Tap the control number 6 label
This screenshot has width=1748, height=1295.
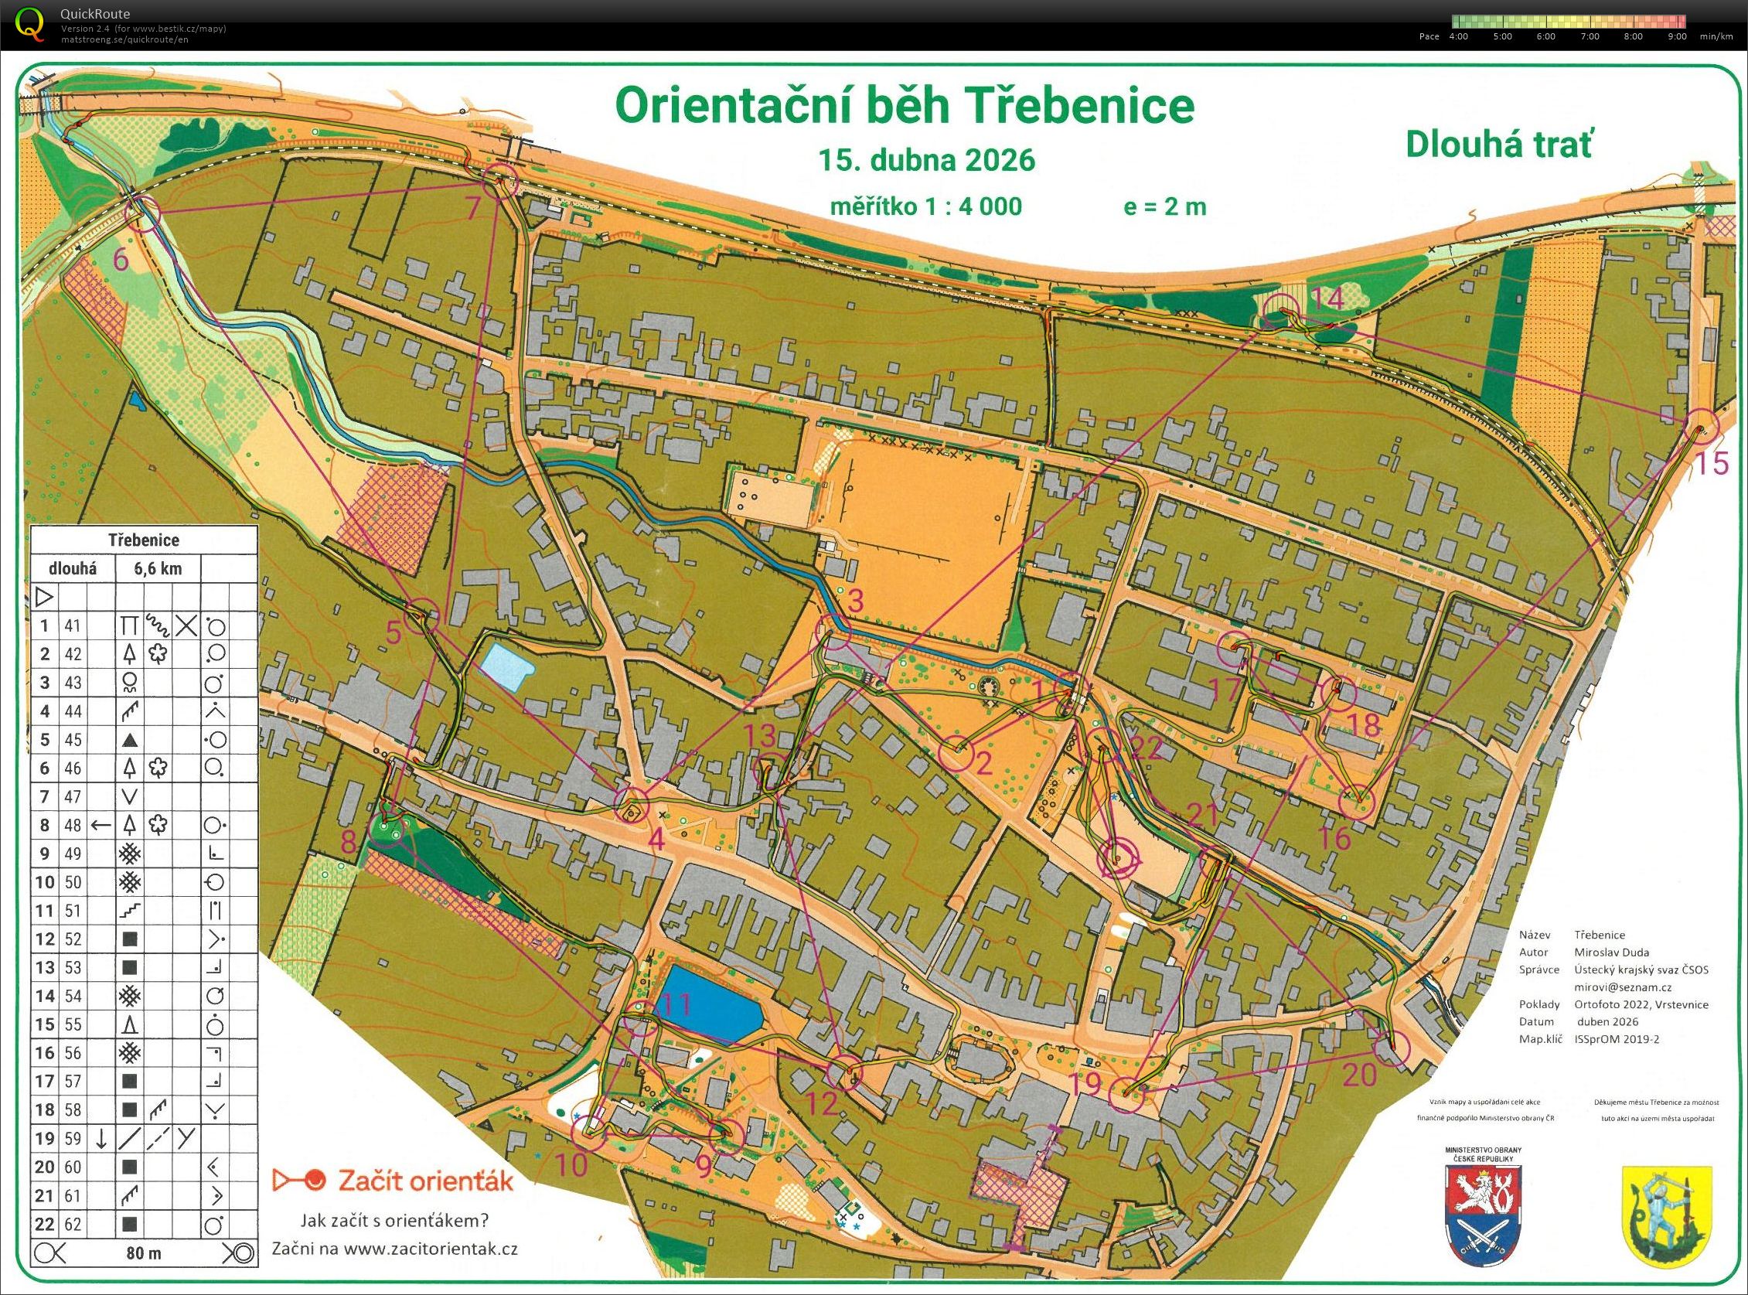click(121, 259)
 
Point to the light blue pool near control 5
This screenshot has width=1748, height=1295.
click(506, 666)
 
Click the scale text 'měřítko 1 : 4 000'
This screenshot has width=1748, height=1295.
click(925, 206)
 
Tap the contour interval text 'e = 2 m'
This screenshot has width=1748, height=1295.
click(1164, 206)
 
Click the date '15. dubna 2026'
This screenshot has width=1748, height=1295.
click(926, 161)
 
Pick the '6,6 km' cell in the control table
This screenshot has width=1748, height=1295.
click(158, 569)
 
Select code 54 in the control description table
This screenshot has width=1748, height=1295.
click(73, 996)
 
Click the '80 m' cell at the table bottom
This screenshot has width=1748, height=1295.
click(145, 1253)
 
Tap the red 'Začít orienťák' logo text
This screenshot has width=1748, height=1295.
click(424, 1181)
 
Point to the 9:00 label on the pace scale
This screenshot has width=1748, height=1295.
click(1677, 37)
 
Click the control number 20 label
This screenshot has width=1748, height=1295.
click(1359, 1076)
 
